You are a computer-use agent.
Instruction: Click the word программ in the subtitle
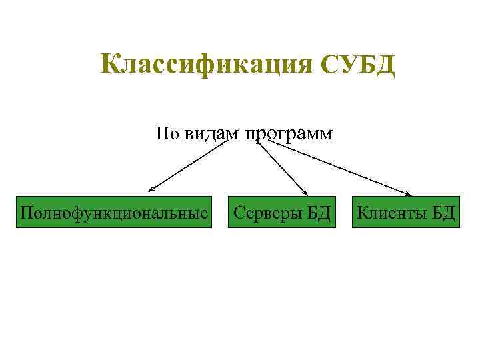click(289, 133)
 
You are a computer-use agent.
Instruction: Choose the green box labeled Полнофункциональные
click(114, 213)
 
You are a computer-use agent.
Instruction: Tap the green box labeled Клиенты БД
click(406, 213)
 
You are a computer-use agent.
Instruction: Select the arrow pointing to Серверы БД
click(281, 167)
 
